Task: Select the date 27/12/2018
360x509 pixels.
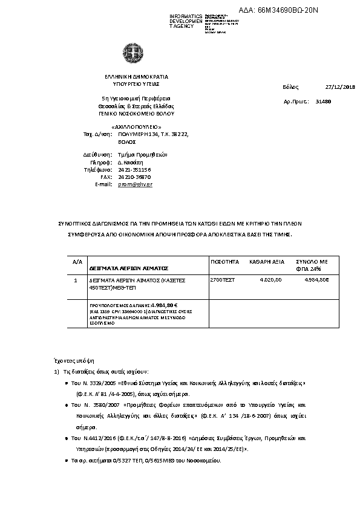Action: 340,88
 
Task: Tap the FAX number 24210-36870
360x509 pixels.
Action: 134,177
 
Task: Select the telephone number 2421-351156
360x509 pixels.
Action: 134,169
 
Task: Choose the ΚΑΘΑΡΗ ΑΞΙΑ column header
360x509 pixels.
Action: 267,262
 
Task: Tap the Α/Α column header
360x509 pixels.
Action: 77,262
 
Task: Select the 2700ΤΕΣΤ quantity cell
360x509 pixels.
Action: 222,280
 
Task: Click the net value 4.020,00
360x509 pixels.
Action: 270,280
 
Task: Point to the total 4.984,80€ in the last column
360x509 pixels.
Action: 316,280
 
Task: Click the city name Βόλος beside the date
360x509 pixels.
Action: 291,88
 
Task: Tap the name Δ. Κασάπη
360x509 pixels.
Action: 130,162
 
